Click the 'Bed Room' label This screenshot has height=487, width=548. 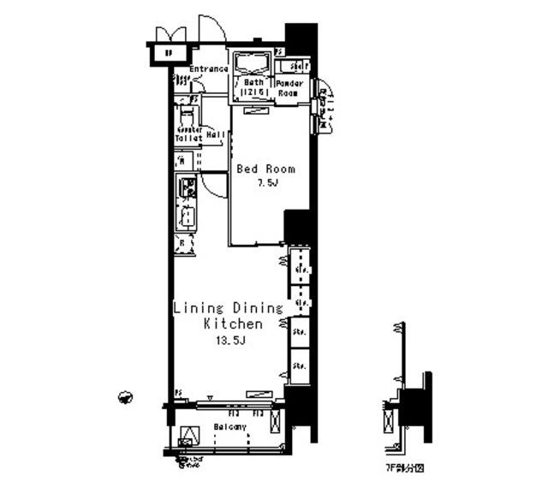coord(265,169)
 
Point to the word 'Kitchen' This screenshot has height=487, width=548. coord(232,324)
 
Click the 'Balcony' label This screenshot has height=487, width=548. coord(229,426)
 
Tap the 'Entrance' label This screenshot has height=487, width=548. coord(208,69)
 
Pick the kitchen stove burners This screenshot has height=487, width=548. coord(186,186)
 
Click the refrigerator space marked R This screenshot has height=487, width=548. coord(184,245)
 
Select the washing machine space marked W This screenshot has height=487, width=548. coord(183,161)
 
